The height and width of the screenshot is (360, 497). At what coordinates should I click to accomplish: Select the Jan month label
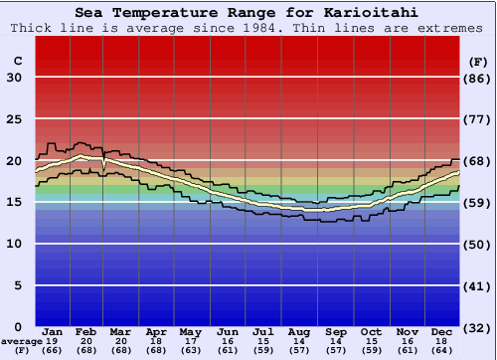click(x=54, y=331)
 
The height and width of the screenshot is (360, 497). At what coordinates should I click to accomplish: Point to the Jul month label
click(x=263, y=331)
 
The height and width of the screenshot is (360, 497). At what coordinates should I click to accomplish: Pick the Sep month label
click(x=336, y=331)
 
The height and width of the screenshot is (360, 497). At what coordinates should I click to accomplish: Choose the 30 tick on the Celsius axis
click(x=14, y=78)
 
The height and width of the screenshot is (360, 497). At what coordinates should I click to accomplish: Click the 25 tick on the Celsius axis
click(x=14, y=119)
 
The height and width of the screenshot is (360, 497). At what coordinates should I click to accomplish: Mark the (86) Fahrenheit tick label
click(x=479, y=78)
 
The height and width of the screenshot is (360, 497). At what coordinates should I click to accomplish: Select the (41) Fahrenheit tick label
click(x=479, y=285)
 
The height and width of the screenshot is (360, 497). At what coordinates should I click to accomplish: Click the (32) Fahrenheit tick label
click(x=479, y=327)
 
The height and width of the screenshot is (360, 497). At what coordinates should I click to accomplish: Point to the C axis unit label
click(x=17, y=61)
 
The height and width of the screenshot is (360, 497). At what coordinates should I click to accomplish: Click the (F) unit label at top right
click(x=478, y=61)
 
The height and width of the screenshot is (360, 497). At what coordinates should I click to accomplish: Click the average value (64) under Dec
click(x=443, y=351)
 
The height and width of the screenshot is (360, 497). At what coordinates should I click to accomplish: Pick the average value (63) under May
click(x=190, y=351)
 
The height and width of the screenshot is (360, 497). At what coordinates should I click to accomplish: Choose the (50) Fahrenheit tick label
click(x=479, y=244)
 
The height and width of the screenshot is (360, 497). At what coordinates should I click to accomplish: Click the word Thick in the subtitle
click(x=33, y=28)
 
